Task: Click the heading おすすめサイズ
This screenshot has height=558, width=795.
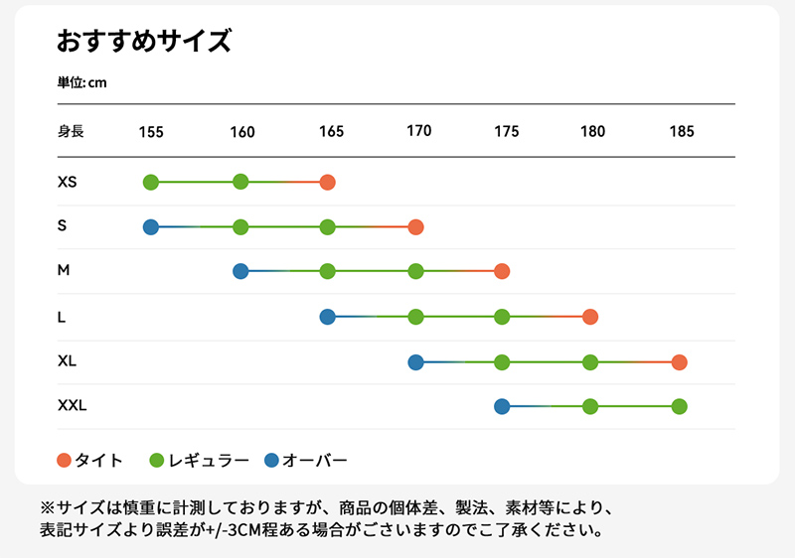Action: click(x=143, y=41)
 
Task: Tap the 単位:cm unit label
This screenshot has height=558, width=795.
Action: click(x=81, y=82)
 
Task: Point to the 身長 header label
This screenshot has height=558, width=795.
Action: click(x=71, y=131)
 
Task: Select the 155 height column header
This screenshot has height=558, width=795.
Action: click(x=151, y=132)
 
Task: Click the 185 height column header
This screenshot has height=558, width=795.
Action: click(x=682, y=132)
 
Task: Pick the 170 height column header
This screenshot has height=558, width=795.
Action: click(x=419, y=131)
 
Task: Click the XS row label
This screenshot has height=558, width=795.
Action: click(x=68, y=183)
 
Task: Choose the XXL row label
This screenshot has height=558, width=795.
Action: click(x=73, y=405)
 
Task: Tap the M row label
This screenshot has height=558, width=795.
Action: click(x=64, y=270)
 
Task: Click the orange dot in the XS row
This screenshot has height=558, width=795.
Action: click(x=328, y=182)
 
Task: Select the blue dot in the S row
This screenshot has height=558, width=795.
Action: click(x=151, y=226)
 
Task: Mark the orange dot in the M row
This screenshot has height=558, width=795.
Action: click(x=502, y=271)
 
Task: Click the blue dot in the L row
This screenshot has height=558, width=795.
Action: click(x=328, y=317)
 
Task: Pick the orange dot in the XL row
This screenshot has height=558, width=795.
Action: click(x=679, y=361)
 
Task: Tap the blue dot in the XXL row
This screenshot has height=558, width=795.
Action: click(x=502, y=405)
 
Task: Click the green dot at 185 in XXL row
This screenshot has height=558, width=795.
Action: click(x=679, y=405)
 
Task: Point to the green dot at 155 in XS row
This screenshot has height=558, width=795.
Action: click(x=151, y=182)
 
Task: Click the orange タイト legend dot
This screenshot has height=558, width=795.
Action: click(x=65, y=461)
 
